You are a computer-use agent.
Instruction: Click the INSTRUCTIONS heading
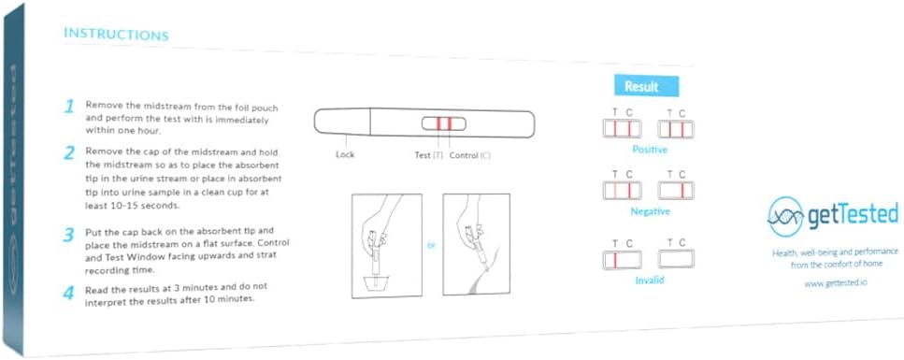116,35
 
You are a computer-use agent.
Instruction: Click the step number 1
69,107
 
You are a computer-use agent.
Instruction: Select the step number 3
69,234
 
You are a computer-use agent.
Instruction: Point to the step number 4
69,293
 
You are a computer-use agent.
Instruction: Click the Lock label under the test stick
345,154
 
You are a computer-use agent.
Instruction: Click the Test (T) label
428,154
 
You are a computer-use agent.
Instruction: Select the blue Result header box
645,86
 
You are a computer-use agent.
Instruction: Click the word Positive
650,149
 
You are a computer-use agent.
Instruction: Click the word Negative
650,211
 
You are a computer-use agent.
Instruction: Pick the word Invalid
650,280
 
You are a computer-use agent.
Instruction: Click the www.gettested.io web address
835,282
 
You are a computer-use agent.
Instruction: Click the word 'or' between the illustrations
431,247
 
